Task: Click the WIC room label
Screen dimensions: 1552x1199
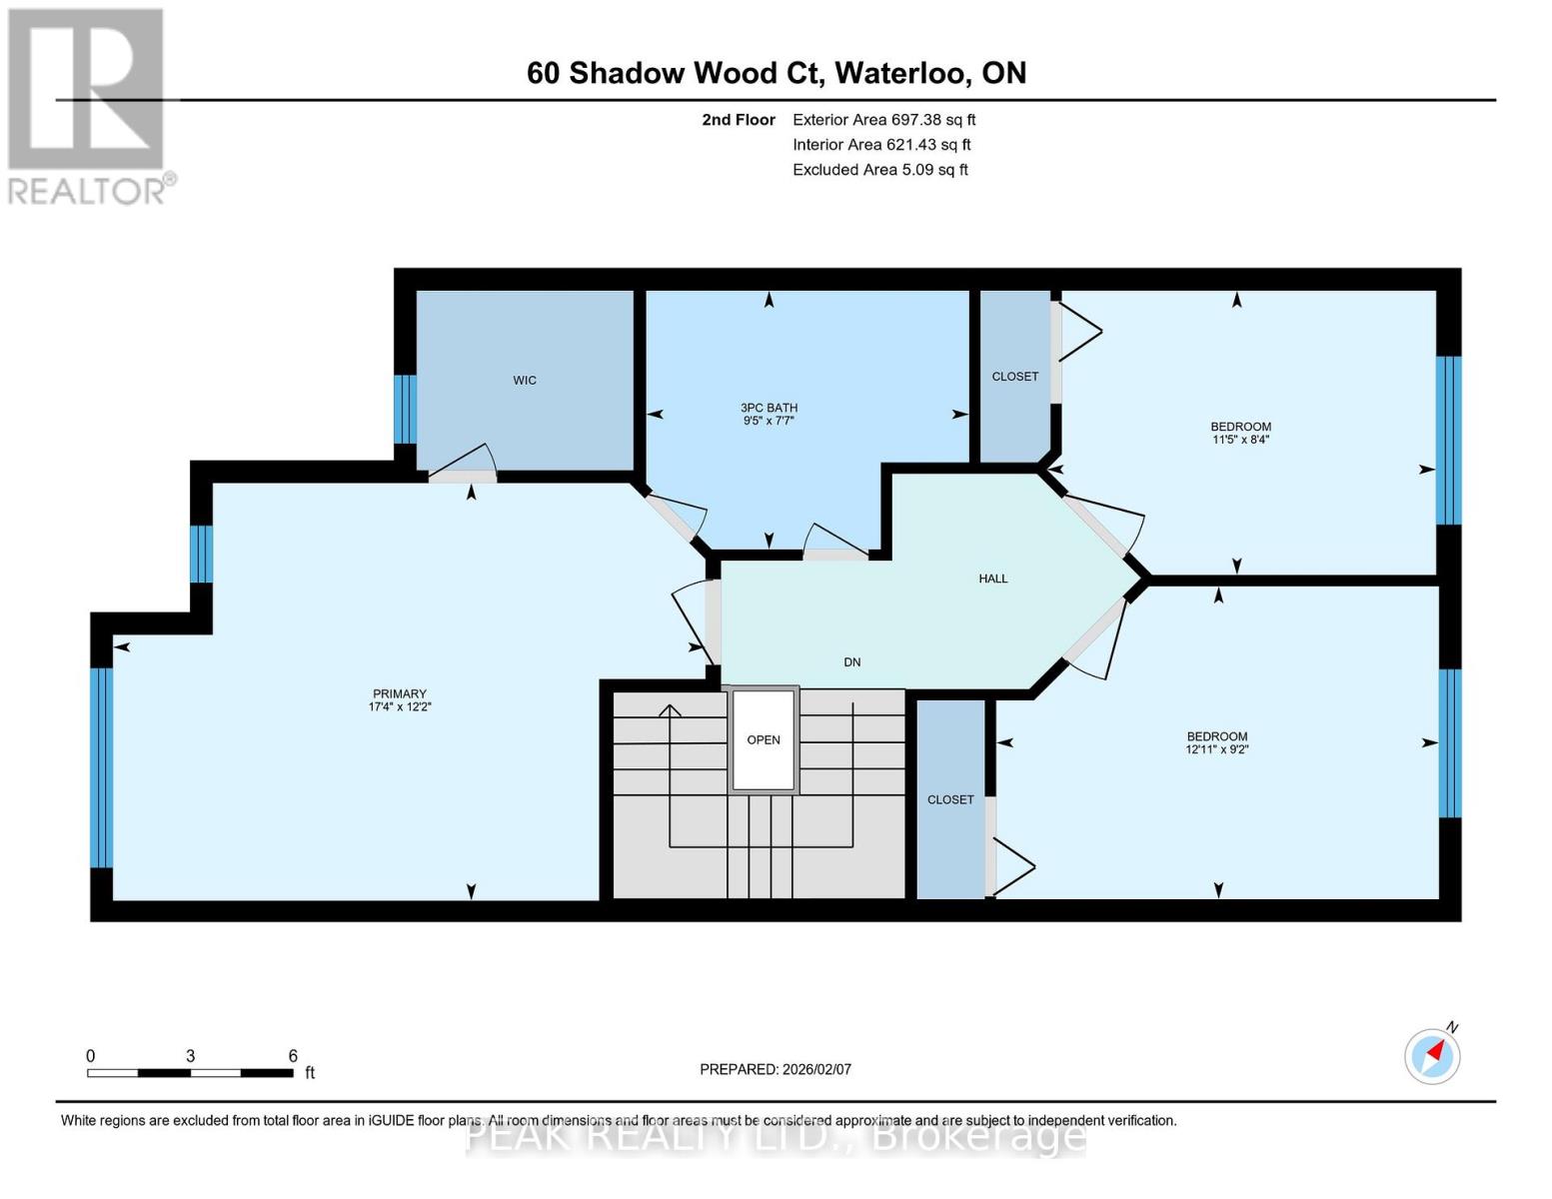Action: point(525,380)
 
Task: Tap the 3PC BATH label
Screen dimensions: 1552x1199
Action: point(769,408)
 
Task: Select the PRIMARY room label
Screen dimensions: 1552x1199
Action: point(400,693)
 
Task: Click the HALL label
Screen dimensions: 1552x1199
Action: point(992,579)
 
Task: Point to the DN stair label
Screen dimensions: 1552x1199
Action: point(852,662)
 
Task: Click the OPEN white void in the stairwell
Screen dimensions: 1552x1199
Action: point(764,739)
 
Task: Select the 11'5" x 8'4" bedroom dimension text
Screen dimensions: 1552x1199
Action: point(1240,440)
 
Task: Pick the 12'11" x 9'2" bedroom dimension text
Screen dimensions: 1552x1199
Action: point(1217,749)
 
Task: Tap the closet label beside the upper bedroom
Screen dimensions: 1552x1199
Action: point(1015,377)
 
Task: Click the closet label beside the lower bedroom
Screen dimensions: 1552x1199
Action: point(950,799)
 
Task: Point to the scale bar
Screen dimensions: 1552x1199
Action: point(191,1073)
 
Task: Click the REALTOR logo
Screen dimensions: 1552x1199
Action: point(89,107)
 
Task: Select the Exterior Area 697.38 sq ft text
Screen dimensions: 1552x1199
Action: point(884,120)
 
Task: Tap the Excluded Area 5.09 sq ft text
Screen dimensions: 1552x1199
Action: point(880,170)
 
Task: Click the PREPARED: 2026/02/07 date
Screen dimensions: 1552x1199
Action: point(776,1069)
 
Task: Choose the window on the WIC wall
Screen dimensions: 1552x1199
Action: point(405,410)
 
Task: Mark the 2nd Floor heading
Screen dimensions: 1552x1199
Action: point(739,120)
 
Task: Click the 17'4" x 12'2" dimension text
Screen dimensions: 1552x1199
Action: point(400,707)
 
